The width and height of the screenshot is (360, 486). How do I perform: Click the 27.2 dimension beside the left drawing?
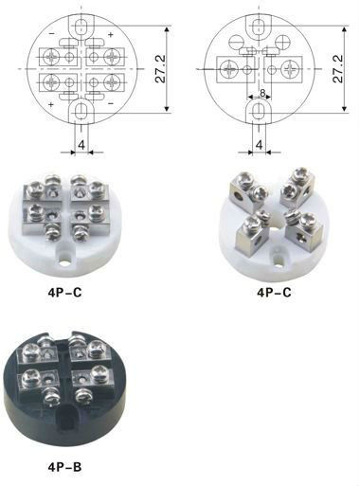[161, 69]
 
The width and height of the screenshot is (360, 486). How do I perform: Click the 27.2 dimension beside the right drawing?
[337, 69]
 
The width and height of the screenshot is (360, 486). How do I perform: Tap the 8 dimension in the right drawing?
[262, 93]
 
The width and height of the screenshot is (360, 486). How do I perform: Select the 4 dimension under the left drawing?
[81, 145]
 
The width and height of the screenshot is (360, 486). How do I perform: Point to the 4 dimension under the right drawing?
[259, 145]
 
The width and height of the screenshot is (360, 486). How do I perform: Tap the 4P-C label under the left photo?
[64, 293]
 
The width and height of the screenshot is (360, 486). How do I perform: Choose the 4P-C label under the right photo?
[274, 293]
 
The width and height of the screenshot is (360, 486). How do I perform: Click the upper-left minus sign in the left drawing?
[52, 33]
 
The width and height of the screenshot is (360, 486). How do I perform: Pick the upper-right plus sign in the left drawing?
[111, 35]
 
